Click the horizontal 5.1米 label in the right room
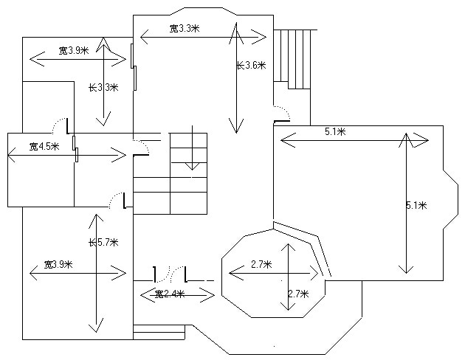tap(337, 132)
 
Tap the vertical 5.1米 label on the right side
tap(416, 205)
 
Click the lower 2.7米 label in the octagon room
tap(297, 294)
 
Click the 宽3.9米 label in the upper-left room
tap(74, 51)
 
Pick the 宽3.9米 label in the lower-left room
tap(58, 264)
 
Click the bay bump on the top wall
tap(200, 11)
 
